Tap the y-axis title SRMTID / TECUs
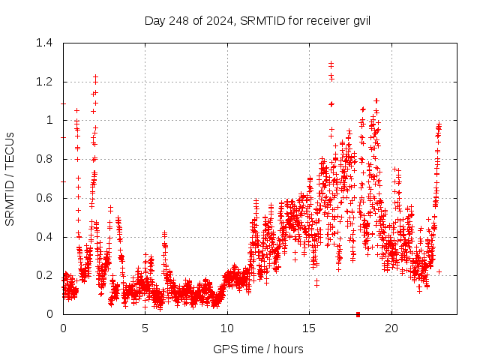tap(10, 178)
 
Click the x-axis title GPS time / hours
tap(259, 349)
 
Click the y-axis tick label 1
tap(50, 120)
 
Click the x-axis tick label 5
tap(145, 328)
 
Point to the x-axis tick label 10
tap(227, 328)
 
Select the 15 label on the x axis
tap(309, 328)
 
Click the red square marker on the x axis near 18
tap(358, 314)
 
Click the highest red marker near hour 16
tap(331, 64)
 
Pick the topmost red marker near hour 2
tap(95, 76)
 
